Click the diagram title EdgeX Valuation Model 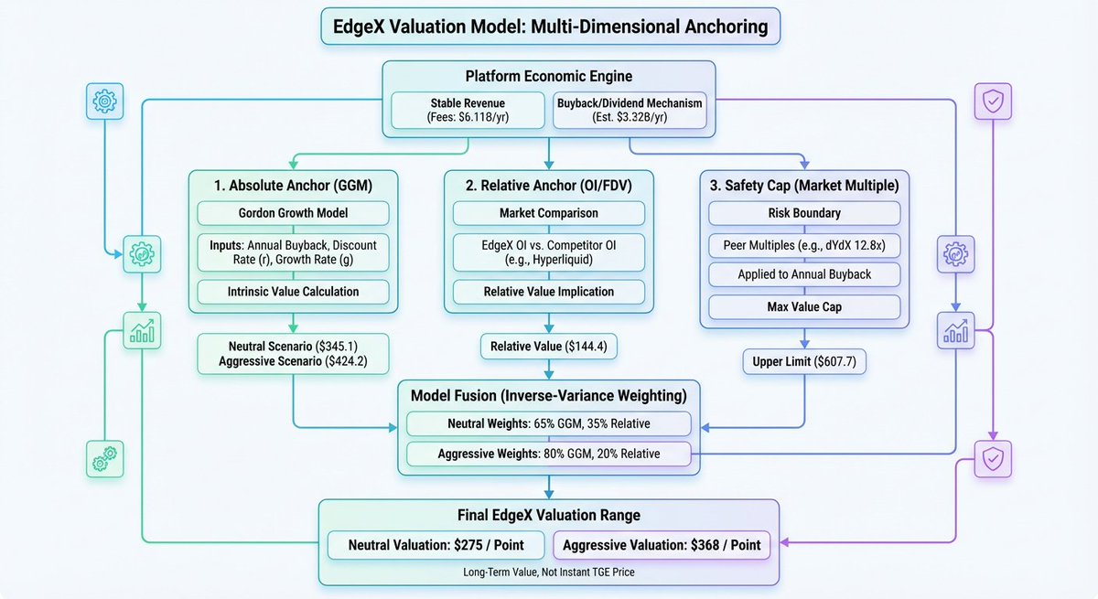tap(550, 26)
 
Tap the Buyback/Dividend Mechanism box tap(630, 111)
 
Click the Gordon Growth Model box tap(293, 213)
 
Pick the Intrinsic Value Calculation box tap(293, 292)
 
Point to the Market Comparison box tap(549, 213)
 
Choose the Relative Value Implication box tap(549, 292)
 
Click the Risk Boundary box tap(804, 213)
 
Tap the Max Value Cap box tap(804, 307)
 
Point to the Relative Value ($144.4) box tap(549, 347)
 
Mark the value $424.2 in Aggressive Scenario tap(362, 362)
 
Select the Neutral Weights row tap(549, 423)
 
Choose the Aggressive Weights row tap(549, 454)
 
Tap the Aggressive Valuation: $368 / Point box tap(662, 545)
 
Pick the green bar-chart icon tap(142, 330)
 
